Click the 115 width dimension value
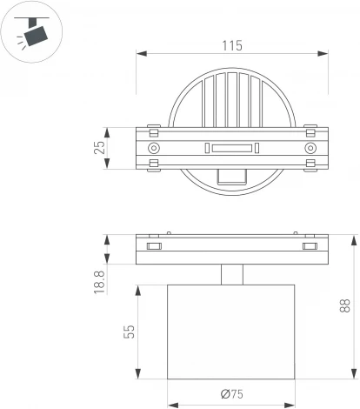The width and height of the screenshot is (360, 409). pyautogui.click(x=231, y=44)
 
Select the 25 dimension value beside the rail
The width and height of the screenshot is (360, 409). pyautogui.click(x=100, y=149)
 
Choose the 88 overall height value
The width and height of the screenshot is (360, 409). pyautogui.click(x=345, y=305)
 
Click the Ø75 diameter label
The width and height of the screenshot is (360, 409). pyautogui.click(x=230, y=394)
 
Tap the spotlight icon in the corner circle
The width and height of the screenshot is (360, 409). pyautogui.click(x=32, y=32)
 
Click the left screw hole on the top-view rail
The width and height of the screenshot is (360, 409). pyautogui.click(x=154, y=149)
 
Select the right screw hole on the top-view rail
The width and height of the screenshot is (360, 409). pyautogui.click(x=310, y=149)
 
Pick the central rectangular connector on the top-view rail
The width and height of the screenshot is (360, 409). pyautogui.click(x=232, y=149)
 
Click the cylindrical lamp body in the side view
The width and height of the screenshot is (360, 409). pyautogui.click(x=231, y=332)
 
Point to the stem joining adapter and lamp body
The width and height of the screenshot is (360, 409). pyautogui.click(x=231, y=275)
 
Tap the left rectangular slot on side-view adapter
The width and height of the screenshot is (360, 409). pyautogui.click(x=154, y=247)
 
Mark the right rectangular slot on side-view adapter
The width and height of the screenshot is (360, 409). pyautogui.click(x=309, y=247)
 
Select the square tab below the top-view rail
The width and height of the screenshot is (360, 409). pyautogui.click(x=231, y=177)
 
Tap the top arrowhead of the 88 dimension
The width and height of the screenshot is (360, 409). pyautogui.click(x=355, y=238)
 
